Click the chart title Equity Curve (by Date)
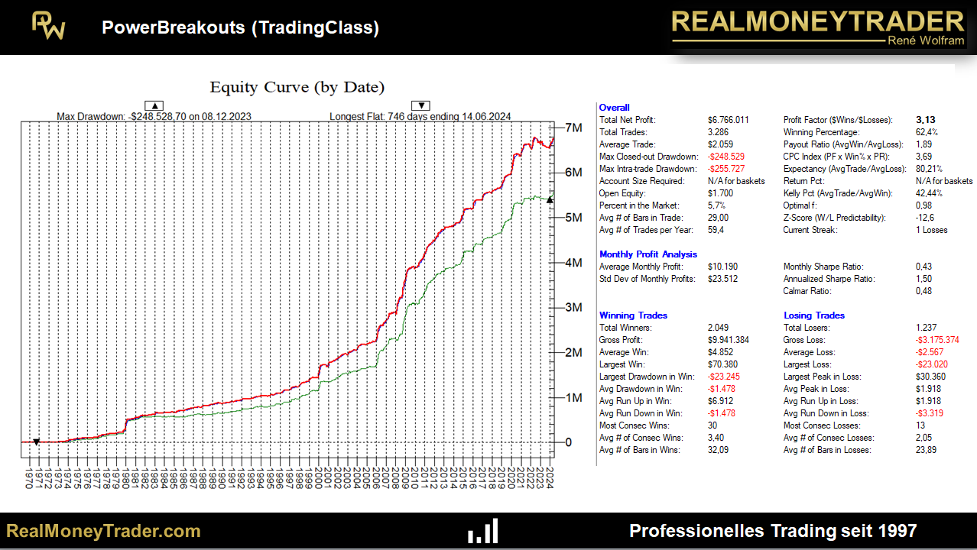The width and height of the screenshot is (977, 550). pyautogui.click(x=297, y=87)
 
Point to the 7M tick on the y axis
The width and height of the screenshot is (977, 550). pyautogui.click(x=573, y=127)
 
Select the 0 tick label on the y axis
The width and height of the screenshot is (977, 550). pyautogui.click(x=568, y=442)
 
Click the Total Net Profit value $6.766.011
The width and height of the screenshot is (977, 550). pyautogui.click(x=728, y=120)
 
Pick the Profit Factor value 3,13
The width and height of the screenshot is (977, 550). pyautogui.click(x=925, y=120)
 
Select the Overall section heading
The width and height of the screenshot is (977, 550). pyautogui.click(x=615, y=108)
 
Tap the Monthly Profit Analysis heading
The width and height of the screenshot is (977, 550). pyautogui.click(x=648, y=254)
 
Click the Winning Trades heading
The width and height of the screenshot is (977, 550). pyautogui.click(x=633, y=315)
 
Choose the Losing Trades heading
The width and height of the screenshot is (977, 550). pyautogui.click(x=814, y=315)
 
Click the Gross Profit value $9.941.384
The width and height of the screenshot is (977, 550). pyautogui.click(x=728, y=340)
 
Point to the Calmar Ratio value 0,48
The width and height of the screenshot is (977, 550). pyautogui.click(x=924, y=291)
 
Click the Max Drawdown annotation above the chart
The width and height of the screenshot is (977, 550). pyautogui.click(x=154, y=116)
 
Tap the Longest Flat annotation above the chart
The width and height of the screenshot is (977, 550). pyautogui.click(x=420, y=116)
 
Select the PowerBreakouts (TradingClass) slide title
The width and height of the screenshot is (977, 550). pyautogui.click(x=240, y=28)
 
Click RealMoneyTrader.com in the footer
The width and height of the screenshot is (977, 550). pyautogui.click(x=103, y=531)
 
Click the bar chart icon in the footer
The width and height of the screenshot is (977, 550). pyautogui.click(x=483, y=531)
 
